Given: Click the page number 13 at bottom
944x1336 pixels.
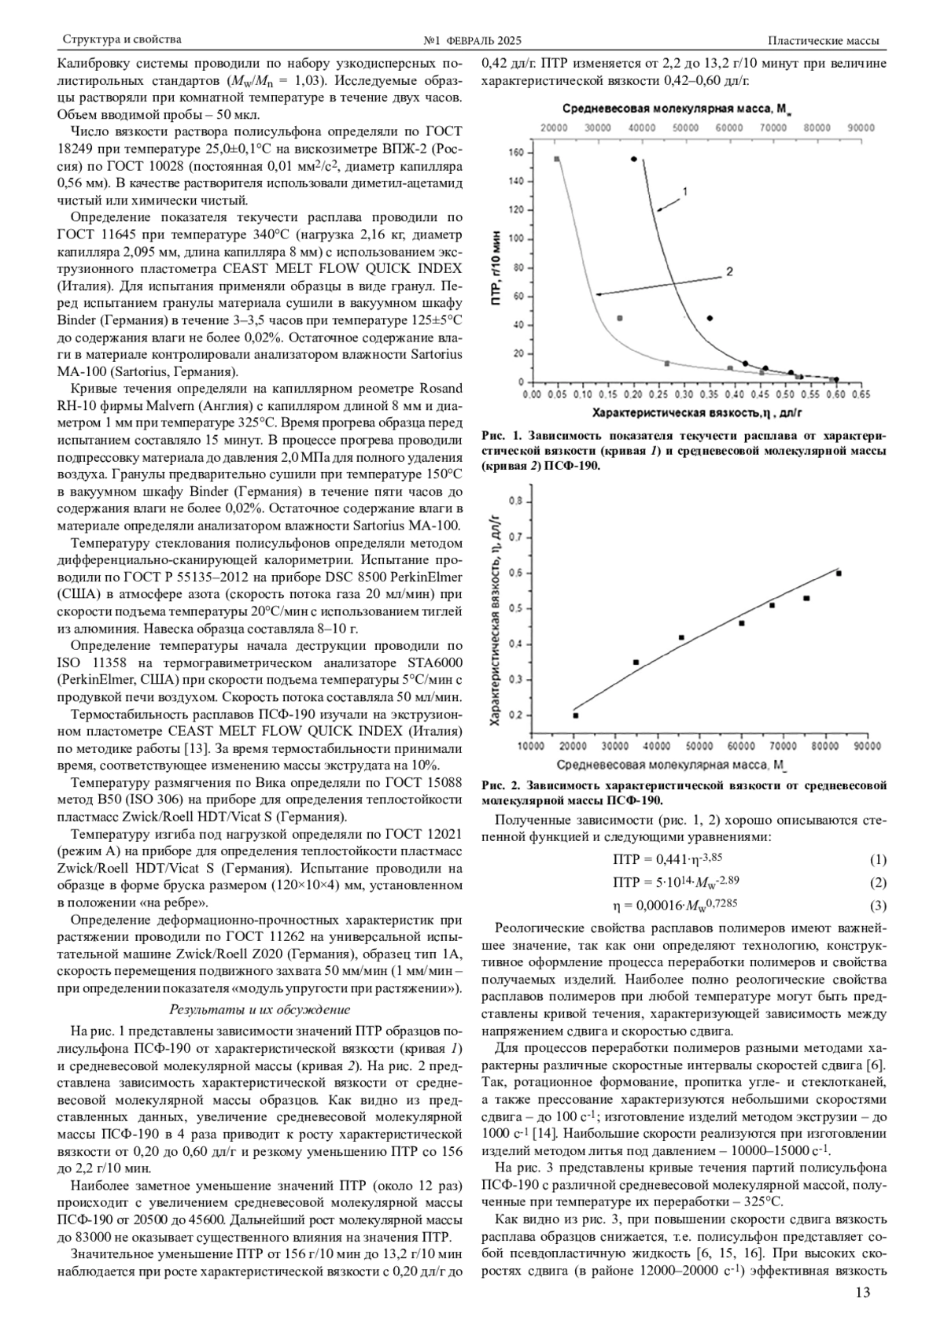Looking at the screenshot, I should (x=863, y=1293).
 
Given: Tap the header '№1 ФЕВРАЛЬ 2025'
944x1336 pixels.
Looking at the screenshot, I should (x=472, y=40).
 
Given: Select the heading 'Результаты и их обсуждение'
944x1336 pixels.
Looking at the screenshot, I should (x=260, y=1009).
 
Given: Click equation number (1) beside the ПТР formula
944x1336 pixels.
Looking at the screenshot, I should (x=878, y=860).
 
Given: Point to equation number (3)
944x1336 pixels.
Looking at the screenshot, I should (x=878, y=906).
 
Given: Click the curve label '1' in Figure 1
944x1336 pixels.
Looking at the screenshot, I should (x=685, y=191).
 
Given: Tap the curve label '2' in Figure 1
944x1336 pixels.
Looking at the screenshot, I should (x=729, y=271).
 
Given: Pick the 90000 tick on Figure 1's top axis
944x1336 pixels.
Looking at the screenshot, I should (x=861, y=127).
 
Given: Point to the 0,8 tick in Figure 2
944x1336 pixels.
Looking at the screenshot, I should (x=516, y=500).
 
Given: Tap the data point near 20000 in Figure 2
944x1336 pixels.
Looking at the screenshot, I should (x=575, y=715).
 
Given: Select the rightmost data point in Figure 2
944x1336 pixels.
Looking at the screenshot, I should (x=839, y=574).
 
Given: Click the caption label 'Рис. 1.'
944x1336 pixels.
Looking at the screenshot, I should (x=501, y=435).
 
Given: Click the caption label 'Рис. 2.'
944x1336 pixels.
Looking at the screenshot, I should (x=501, y=784).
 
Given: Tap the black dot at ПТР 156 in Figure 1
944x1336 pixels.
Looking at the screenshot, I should (x=634, y=159).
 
